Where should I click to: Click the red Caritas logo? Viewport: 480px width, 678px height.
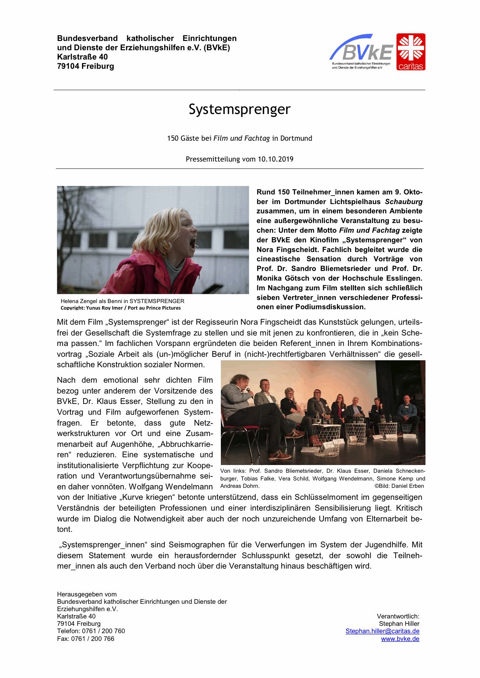point(410,52)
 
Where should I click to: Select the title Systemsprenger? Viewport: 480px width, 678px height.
point(239,109)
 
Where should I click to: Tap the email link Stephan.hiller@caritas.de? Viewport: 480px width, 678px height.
point(382,631)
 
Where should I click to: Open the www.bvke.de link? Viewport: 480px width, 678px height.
point(400,639)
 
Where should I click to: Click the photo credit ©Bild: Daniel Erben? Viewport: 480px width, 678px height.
point(399,486)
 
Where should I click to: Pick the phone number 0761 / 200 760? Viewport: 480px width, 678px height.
point(103,631)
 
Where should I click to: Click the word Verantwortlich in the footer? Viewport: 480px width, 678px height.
point(398,617)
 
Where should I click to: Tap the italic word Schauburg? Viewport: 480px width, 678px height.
point(403,202)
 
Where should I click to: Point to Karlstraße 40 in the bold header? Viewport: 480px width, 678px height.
point(82,57)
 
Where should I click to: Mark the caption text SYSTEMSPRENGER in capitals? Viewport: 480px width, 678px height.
point(157,301)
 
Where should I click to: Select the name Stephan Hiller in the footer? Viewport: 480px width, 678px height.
point(399,624)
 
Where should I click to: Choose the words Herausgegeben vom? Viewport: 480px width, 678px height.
point(87,595)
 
